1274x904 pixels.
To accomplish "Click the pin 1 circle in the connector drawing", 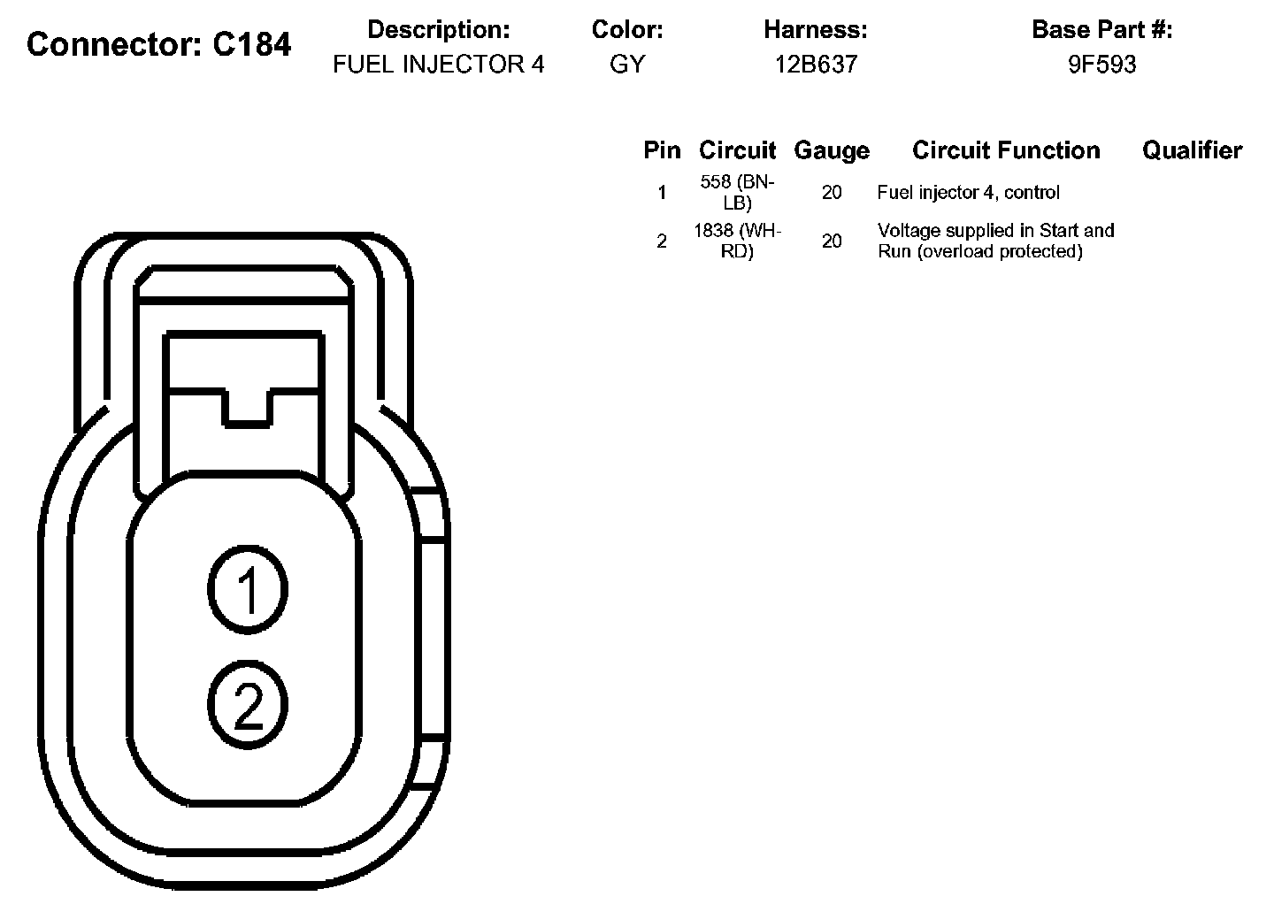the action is pyautogui.click(x=248, y=590).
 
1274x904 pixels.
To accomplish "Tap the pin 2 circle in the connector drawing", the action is pyautogui.click(x=248, y=704).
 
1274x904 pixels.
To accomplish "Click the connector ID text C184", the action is pyautogui.click(x=251, y=43).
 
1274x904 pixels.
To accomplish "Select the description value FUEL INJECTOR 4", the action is pyautogui.click(x=439, y=65).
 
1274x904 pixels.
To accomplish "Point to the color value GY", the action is pyautogui.click(x=627, y=65).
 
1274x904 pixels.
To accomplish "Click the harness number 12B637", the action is pyautogui.click(x=816, y=65).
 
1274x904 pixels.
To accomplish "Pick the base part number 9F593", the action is pyautogui.click(x=1102, y=65).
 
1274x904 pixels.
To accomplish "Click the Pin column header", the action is pyautogui.click(x=662, y=150).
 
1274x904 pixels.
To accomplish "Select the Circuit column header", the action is pyautogui.click(x=737, y=150).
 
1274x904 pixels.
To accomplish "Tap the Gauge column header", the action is pyautogui.click(x=832, y=150).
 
